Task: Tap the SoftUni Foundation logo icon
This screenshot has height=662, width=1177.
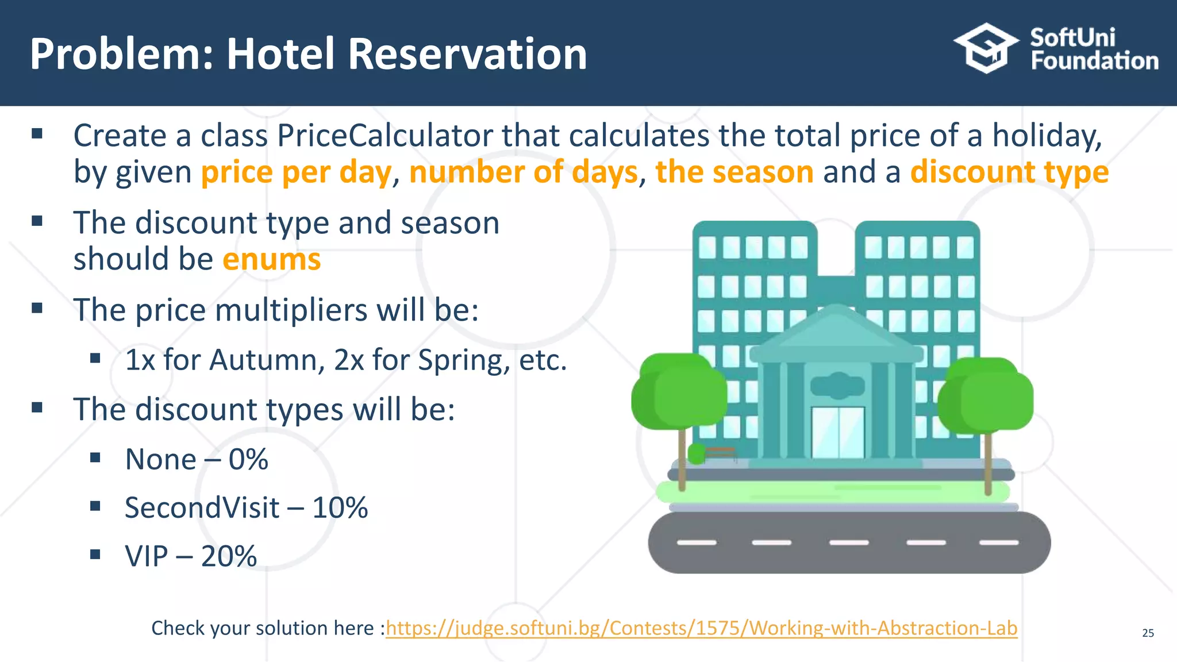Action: pyautogui.click(x=986, y=48)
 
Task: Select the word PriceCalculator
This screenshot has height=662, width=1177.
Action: pyautogui.click(x=385, y=136)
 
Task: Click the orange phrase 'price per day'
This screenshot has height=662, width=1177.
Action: pyautogui.click(x=296, y=172)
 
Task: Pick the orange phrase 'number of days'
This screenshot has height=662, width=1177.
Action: pyautogui.click(x=523, y=172)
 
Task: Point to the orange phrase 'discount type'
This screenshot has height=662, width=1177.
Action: pyautogui.click(x=1009, y=172)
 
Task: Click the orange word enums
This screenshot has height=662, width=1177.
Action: pyautogui.click(x=271, y=259)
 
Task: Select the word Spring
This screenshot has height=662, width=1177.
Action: pyautogui.click(x=463, y=360)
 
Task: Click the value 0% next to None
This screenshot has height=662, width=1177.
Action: pyautogui.click(x=248, y=460)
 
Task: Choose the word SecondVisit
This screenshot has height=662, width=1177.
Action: pyautogui.click(x=202, y=508)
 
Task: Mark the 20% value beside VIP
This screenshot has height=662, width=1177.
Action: pyautogui.click(x=229, y=556)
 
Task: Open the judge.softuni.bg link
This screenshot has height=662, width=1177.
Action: pyautogui.click(x=701, y=628)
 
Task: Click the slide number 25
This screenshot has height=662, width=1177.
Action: pyautogui.click(x=1148, y=633)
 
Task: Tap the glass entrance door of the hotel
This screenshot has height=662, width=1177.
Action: pyautogui.click(x=838, y=432)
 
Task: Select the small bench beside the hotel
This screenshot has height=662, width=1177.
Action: pyautogui.click(x=720, y=453)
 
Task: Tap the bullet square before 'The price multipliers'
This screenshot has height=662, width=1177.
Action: pyautogui.click(x=37, y=308)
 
